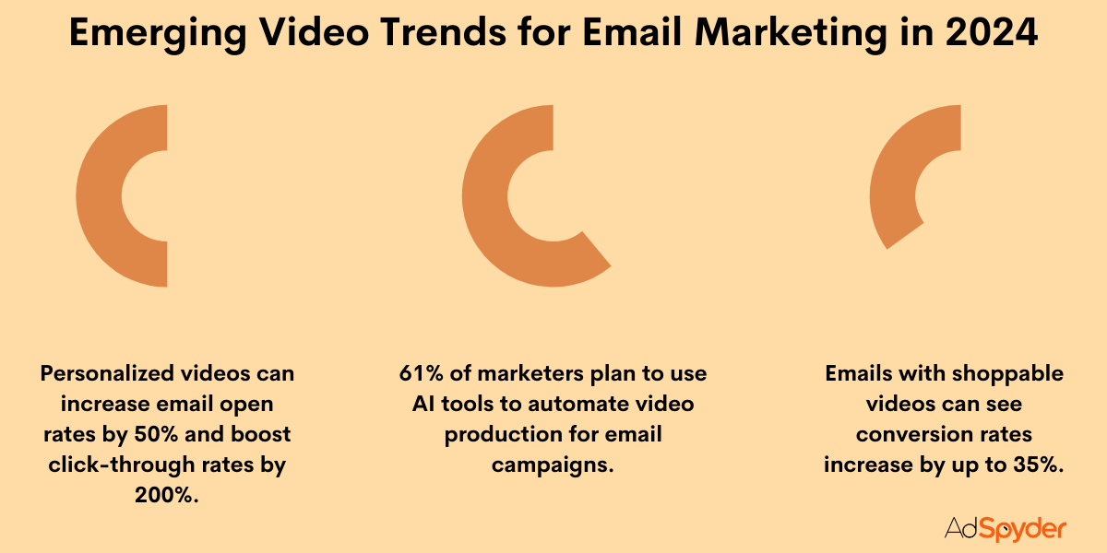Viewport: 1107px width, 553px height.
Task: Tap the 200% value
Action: pos(167,495)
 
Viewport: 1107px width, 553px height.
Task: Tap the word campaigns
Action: pos(553,465)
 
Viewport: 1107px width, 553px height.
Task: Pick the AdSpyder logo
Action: pos(1005,528)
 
